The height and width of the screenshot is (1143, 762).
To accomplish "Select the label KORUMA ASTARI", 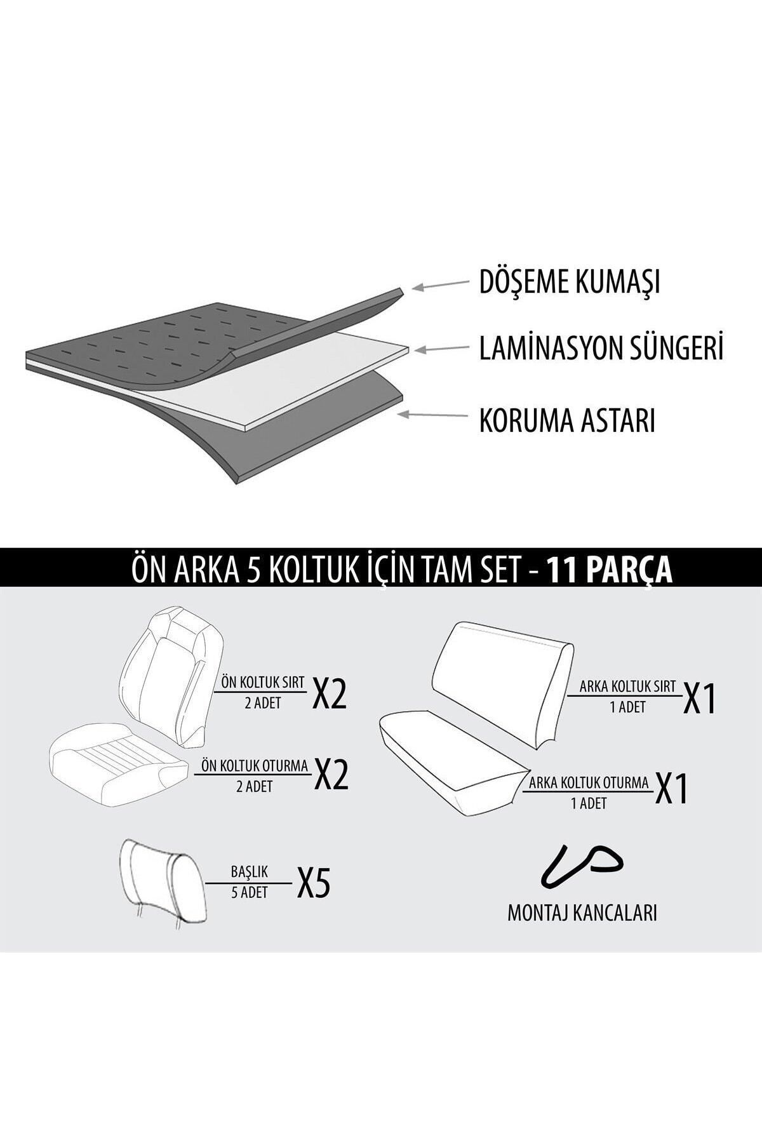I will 566,420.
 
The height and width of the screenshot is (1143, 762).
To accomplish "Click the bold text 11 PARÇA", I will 610,570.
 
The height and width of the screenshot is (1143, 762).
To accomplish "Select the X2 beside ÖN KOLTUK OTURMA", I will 331,775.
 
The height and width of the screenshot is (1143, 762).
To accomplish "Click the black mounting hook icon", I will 580,866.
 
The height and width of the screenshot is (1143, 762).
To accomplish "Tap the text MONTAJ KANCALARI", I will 582,912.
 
